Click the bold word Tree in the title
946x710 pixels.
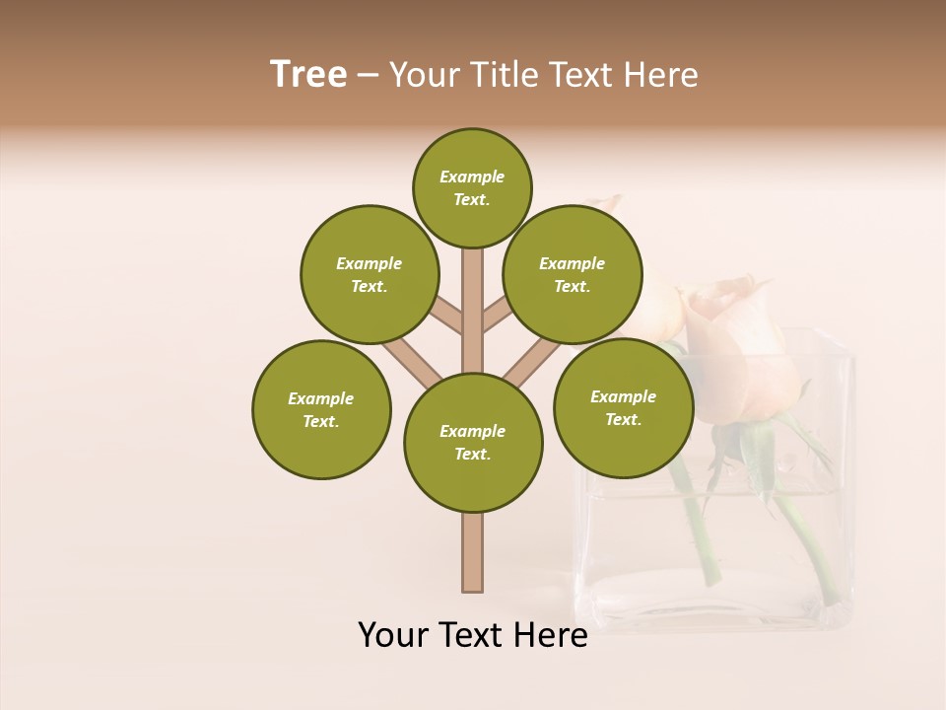pyautogui.click(x=308, y=74)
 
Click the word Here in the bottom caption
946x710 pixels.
pyautogui.click(x=550, y=635)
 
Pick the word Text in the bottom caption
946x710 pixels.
pyautogui.click(x=471, y=635)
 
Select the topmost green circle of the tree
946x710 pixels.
pyautogui.click(x=472, y=187)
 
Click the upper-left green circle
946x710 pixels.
pyautogui.click(x=370, y=274)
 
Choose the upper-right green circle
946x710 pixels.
pyautogui.click(x=573, y=274)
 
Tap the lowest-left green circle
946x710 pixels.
pyautogui.click(x=321, y=409)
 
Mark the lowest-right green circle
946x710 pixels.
pyautogui.click(x=624, y=407)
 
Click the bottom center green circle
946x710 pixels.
pyautogui.click(x=473, y=442)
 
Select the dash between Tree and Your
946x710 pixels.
pyautogui.click(x=368, y=76)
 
